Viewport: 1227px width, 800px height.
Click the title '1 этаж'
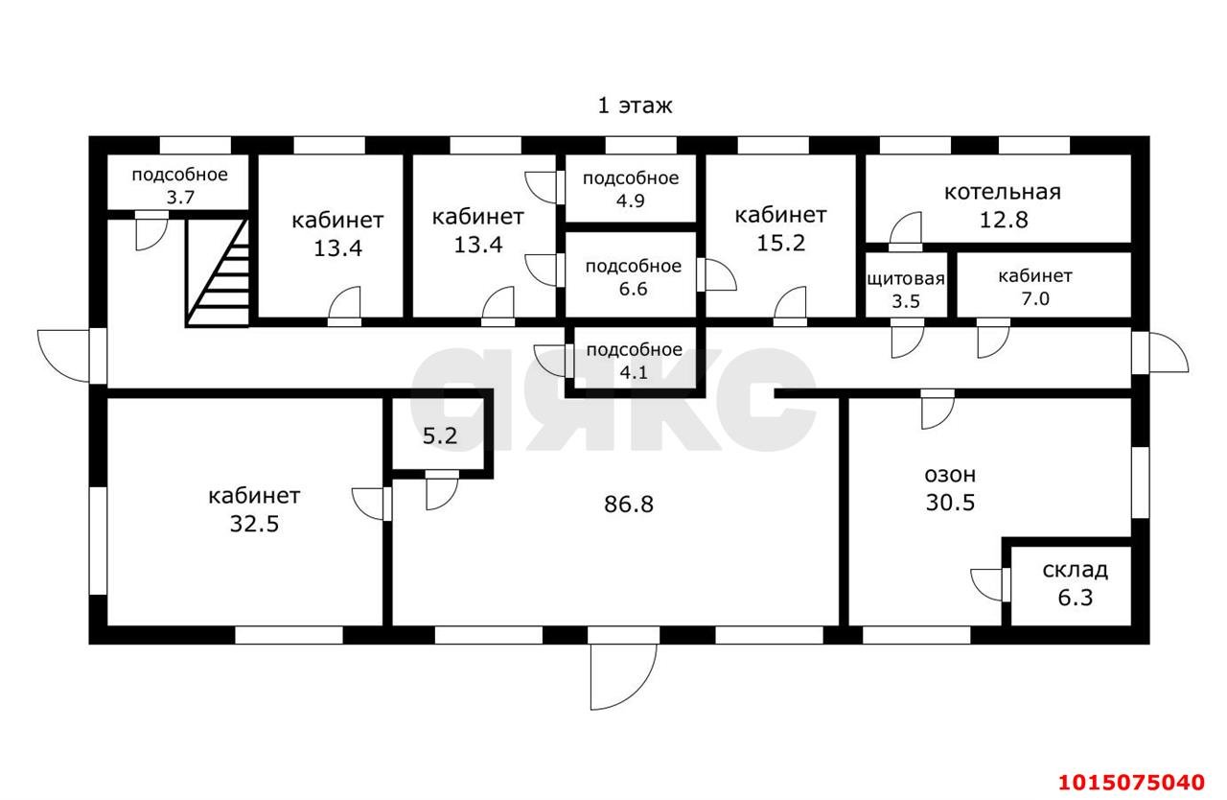click(635, 106)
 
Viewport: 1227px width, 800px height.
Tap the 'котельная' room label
click(1002, 191)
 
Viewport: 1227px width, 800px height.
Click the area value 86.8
click(629, 504)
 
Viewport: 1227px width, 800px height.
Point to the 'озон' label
click(950, 474)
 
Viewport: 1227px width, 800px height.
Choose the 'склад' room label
click(1075, 570)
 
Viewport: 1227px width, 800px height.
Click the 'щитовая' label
click(906, 279)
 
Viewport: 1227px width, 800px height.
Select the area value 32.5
click(253, 524)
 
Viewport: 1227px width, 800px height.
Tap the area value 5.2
click(440, 436)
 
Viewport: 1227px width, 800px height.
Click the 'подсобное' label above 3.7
click(179, 175)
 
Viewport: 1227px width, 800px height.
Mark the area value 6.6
click(633, 288)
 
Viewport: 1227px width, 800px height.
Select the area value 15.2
click(780, 242)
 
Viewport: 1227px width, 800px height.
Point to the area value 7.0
click(1034, 298)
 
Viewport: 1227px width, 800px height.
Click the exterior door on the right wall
click(1161, 353)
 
